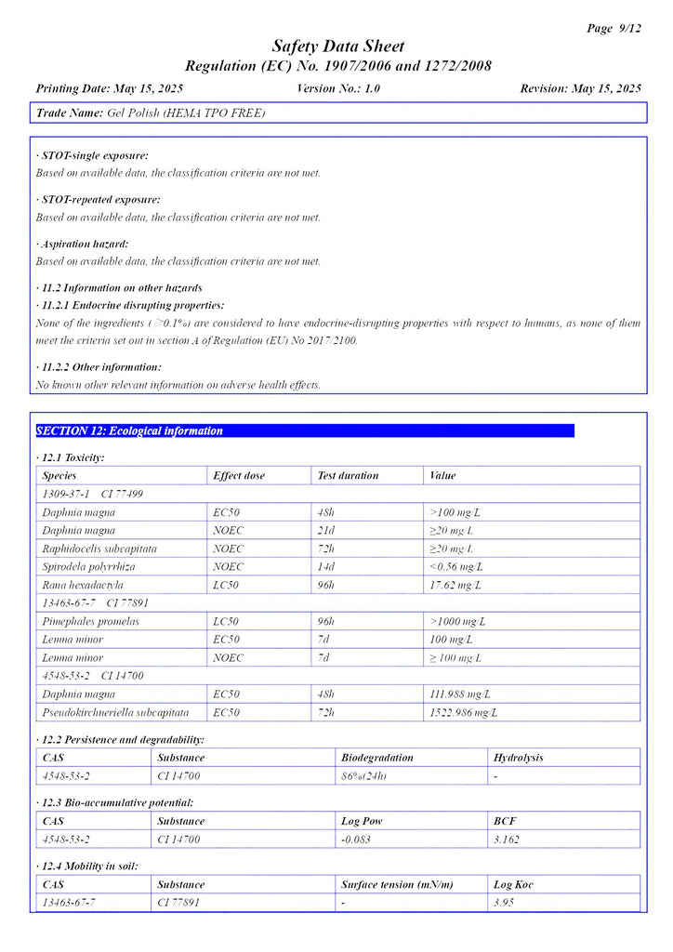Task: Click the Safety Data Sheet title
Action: pyautogui.click(x=337, y=46)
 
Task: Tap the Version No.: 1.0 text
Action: pyautogui.click(x=338, y=88)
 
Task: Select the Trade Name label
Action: pyautogui.click(x=70, y=112)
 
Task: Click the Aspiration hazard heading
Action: pyautogui.click(x=83, y=244)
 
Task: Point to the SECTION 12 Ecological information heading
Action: pyautogui.click(x=130, y=431)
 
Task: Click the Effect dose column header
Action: pyautogui.click(x=239, y=475)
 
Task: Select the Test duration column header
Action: pyautogui.click(x=348, y=475)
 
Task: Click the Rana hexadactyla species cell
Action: pyautogui.click(x=83, y=585)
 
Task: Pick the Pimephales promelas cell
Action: pyautogui.click(x=91, y=621)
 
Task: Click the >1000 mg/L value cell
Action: pyautogui.click(x=457, y=621)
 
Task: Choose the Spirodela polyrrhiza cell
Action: pyautogui.click(x=88, y=566)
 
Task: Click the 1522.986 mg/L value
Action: pyautogui.click(x=463, y=712)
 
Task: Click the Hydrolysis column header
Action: pyautogui.click(x=519, y=757)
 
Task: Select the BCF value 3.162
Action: pyautogui.click(x=507, y=840)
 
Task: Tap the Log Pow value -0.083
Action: pyautogui.click(x=357, y=840)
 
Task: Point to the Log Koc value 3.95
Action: pyautogui.click(x=504, y=903)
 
